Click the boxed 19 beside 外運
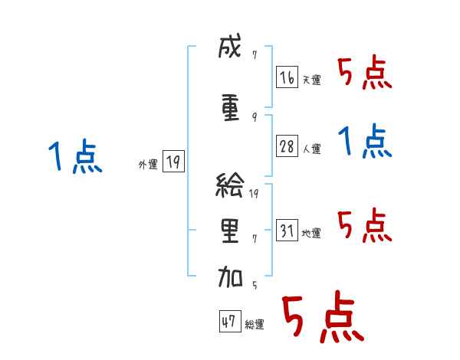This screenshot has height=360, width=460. [173, 162]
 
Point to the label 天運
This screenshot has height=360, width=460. [311, 80]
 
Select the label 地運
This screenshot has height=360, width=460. [311, 233]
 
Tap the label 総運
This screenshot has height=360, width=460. [255, 325]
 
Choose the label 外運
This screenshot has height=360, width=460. [147, 164]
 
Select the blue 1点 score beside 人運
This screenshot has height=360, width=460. [364, 142]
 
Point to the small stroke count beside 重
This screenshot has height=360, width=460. [254, 117]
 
